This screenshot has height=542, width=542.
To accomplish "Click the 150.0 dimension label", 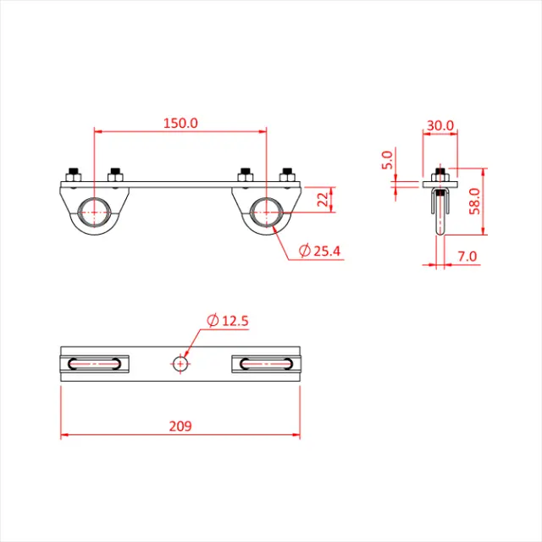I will [180, 123].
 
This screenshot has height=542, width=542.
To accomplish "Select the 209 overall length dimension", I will [180, 426].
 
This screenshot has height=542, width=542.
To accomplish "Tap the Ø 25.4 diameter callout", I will [321, 251].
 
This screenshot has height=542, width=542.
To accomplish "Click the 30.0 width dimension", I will [440, 125].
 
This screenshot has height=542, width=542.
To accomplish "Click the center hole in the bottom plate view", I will [180, 363].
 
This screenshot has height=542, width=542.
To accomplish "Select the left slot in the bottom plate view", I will [95, 363].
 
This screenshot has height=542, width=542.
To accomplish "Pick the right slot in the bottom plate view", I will [266, 363].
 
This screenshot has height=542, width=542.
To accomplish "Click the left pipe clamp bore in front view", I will [95, 211].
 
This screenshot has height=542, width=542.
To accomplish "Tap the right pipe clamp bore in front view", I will [266, 211].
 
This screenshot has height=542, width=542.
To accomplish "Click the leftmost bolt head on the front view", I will [74, 175].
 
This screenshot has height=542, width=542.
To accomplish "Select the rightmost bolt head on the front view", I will [287, 175].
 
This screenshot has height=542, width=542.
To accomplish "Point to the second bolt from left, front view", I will [115, 175].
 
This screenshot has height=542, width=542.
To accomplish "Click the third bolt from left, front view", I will [246, 175].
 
